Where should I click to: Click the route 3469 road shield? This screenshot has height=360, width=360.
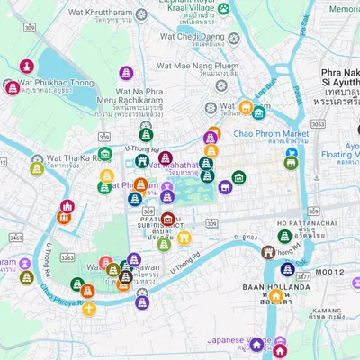pyautogui.click(x=16, y=238)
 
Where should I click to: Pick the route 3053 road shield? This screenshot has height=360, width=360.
pyautogui.click(x=319, y=124)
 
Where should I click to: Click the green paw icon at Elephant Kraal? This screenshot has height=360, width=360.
pyautogui.click(x=224, y=9)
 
